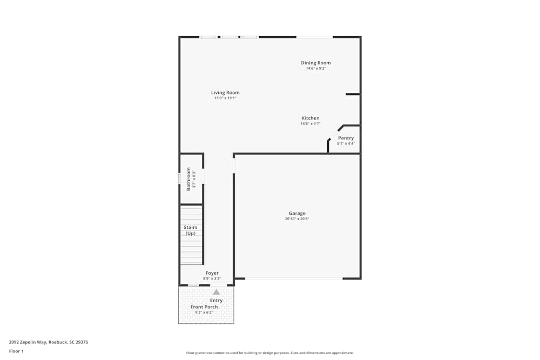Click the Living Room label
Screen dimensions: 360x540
[225, 93]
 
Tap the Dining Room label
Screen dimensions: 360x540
[316, 63]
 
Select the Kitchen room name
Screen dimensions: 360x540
[310, 118]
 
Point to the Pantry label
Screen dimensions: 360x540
[346, 138]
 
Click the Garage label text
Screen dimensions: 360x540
[297, 213]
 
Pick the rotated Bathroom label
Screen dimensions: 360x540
[188, 179]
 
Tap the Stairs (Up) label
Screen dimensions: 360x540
[191, 230]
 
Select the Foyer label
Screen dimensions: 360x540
[212, 273]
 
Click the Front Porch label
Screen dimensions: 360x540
[204, 307]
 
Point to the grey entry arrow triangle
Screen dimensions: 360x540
[216, 292]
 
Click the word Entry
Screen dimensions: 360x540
[216, 301]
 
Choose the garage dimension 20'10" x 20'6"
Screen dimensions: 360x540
[297, 219]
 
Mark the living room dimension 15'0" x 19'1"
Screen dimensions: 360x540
[225, 98]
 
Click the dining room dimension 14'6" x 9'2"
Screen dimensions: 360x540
[316, 69]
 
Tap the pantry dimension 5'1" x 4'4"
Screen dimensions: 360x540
[346, 144]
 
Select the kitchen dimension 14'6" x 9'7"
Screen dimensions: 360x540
[310, 124]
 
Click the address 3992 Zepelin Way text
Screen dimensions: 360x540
[49, 342]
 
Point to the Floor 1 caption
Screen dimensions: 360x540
[16, 351]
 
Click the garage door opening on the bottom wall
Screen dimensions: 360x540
[294, 279]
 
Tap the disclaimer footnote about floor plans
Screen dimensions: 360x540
[270, 353]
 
